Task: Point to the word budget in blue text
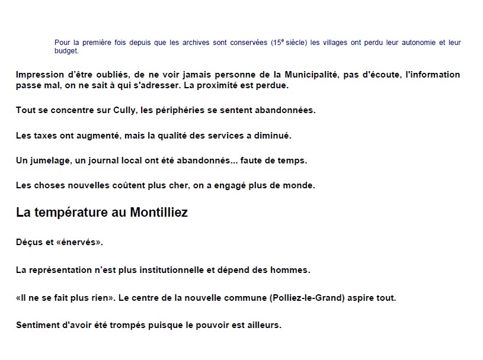[66, 51]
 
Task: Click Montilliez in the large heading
[158, 213]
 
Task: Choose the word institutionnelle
[171, 270]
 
